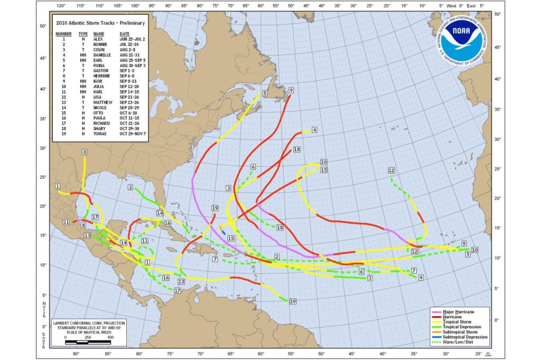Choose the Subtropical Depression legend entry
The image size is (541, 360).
coord(463,337)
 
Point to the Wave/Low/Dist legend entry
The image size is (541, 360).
coord(457,343)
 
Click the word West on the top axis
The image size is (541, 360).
coord(451,6)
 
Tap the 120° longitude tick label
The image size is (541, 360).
coord(61,6)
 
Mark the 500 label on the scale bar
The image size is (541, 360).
coord(110,337)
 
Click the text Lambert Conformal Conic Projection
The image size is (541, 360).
coord(88,322)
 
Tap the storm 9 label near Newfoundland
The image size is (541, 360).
coord(291,91)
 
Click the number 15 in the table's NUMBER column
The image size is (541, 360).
coord(63,113)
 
